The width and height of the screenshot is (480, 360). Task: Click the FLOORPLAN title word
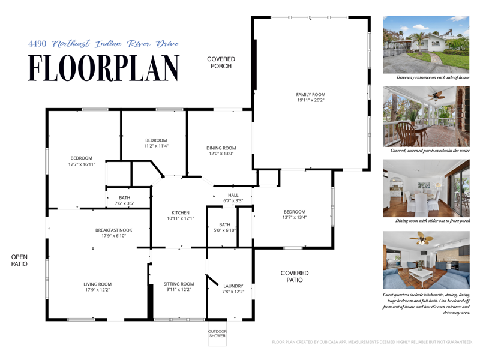tap(104, 68)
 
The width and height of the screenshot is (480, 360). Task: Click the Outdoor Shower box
tap(217, 334)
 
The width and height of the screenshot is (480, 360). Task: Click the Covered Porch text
tap(221, 62)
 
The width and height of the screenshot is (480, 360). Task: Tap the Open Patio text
tap(19, 260)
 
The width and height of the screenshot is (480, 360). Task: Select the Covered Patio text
tap(295, 276)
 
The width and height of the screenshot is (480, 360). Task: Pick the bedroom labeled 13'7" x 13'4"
tap(295, 214)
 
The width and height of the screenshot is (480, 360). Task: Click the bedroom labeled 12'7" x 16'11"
tap(82, 161)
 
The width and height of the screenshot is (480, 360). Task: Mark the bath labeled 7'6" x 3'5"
tap(125, 200)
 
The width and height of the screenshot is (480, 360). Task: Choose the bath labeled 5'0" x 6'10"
tap(224, 227)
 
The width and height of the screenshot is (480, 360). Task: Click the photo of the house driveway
tap(426, 44)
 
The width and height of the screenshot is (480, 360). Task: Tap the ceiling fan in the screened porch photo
tap(436, 96)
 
